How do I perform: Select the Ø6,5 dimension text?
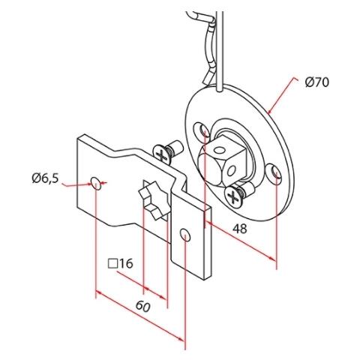[46, 178]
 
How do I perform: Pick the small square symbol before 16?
[114, 264]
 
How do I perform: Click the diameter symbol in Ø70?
[310, 83]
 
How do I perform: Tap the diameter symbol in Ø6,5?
[35, 178]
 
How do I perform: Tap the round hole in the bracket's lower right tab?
[185, 235]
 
